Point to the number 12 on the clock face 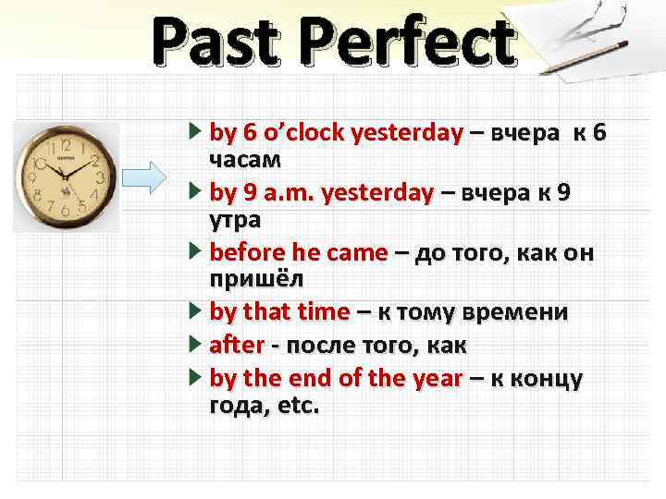click(67, 145)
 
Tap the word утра click(236, 220)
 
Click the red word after click(238, 345)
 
